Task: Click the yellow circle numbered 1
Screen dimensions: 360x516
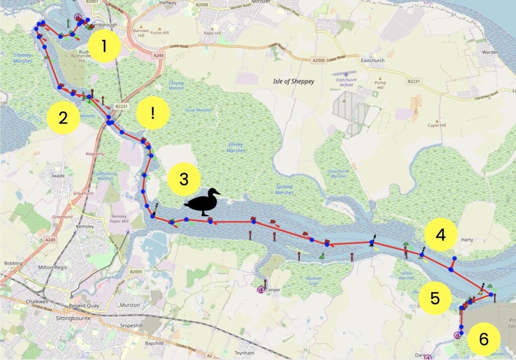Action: [104, 46]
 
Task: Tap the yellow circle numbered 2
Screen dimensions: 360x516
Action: [63, 118]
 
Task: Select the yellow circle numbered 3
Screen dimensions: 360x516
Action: [184, 179]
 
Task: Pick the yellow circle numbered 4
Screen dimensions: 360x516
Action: [440, 235]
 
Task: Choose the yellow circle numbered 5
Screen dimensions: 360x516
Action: [435, 298]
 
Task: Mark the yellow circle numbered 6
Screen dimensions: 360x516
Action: [483, 339]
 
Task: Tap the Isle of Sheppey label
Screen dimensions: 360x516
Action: [293, 82]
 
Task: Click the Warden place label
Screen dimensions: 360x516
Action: [490, 52]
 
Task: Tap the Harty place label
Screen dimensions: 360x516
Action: [467, 240]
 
